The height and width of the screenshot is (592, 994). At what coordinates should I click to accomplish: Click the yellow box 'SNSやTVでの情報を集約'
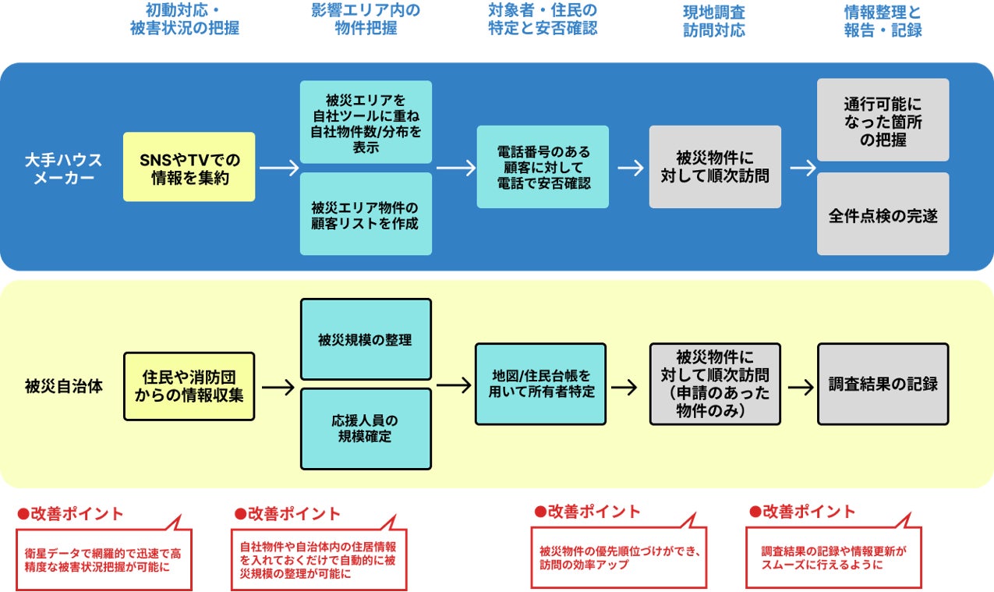click(x=189, y=167)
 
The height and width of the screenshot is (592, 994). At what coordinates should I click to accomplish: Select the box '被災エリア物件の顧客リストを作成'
click(x=366, y=214)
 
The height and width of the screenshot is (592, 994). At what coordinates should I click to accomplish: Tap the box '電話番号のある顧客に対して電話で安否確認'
click(x=543, y=167)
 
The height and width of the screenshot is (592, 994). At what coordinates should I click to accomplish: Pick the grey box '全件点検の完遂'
click(x=883, y=214)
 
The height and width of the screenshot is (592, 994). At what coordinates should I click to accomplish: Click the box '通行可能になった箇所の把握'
click(x=883, y=120)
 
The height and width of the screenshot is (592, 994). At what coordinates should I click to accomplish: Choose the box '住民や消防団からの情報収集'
click(x=189, y=386)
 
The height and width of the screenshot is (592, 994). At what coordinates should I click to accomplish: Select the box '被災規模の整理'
click(x=366, y=339)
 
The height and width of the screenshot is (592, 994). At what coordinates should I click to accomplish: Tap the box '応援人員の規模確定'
click(x=366, y=429)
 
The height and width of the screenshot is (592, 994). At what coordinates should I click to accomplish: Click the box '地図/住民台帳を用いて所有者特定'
click(x=540, y=385)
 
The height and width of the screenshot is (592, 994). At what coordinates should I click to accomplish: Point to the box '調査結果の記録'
click(x=883, y=385)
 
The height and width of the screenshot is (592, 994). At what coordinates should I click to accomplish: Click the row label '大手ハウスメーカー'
click(x=63, y=168)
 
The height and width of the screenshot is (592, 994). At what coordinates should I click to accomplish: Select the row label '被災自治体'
click(x=63, y=386)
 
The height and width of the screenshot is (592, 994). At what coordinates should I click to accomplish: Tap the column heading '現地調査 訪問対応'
click(x=714, y=21)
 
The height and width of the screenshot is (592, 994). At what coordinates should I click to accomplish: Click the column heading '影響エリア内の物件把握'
click(x=366, y=19)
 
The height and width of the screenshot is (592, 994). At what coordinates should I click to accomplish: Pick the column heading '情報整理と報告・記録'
click(x=883, y=21)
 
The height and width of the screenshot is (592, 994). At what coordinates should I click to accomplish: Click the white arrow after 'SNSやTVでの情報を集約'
click(x=279, y=168)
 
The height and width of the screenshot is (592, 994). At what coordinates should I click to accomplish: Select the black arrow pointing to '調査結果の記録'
click(x=801, y=388)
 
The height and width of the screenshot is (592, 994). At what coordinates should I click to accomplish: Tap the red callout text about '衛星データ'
click(x=102, y=560)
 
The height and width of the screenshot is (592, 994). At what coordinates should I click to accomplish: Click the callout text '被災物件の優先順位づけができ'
click(x=620, y=551)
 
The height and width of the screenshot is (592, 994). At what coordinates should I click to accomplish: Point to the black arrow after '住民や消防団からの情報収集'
click(x=278, y=388)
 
